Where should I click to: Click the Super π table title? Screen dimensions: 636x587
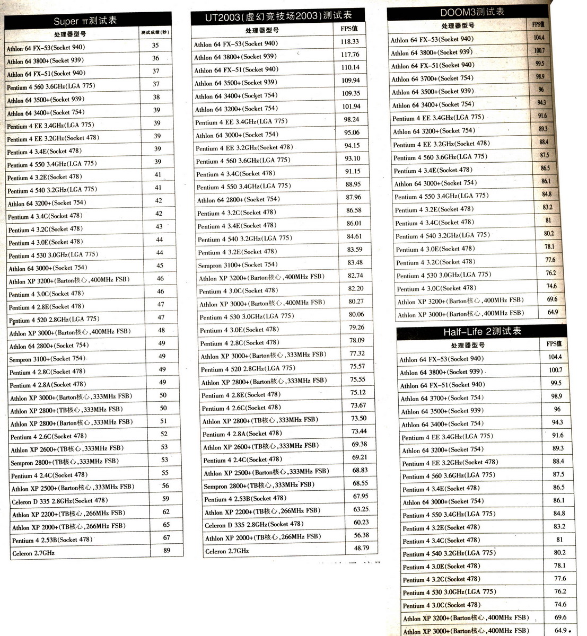pos(85,21)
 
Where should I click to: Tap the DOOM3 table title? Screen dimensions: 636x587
pos(472,12)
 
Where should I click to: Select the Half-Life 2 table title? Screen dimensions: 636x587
pos(482,332)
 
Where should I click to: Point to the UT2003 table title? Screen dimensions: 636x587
pos(278,16)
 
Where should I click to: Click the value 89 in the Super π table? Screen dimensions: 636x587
pos(167,550)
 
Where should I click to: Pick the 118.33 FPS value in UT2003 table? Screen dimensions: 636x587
pos(350,41)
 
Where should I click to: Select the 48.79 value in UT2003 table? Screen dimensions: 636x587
pos(362,548)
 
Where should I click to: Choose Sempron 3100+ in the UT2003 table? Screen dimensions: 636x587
pos(238,264)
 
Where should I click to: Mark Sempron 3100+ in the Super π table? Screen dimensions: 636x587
pos(47,359)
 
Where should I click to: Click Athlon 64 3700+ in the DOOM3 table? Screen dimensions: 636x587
pos(432,78)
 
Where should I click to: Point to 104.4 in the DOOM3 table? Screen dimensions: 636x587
pos(539,38)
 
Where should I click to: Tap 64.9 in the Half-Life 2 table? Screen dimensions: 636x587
pos(560,630)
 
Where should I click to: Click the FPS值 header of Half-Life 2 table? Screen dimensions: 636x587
pos(554,343)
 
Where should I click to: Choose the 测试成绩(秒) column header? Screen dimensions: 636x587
pos(155,32)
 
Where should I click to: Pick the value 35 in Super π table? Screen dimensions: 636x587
pos(155,46)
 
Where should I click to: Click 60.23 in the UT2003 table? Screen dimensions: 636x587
pos(361,522)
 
